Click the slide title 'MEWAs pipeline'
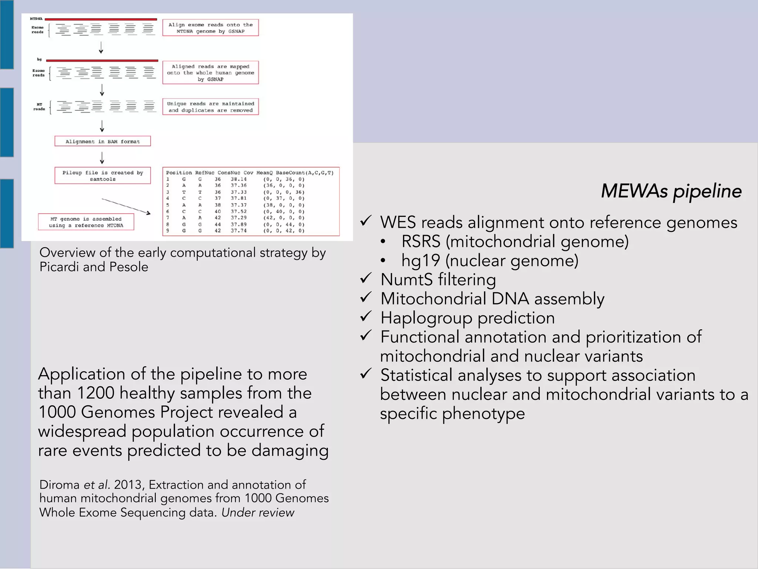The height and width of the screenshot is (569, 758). click(671, 191)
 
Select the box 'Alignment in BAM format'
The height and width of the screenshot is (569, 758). click(103, 141)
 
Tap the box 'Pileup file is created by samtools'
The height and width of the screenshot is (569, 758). click(103, 176)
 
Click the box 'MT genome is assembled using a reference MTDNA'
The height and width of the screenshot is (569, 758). click(86, 222)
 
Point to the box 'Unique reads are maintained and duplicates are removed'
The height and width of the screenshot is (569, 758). click(210, 107)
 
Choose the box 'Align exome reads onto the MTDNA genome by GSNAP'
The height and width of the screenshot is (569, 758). click(210, 28)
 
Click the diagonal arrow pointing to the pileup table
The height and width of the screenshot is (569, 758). click(126, 206)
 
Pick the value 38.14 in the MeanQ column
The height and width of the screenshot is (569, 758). click(239, 179)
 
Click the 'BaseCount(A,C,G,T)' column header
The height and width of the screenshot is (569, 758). click(305, 173)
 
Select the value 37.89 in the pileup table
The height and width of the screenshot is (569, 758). click(239, 224)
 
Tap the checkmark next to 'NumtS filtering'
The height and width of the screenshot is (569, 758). click(366, 278)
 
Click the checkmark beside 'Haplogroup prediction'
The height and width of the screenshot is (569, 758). click(366, 317)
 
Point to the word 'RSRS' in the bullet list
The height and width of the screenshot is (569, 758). click(421, 242)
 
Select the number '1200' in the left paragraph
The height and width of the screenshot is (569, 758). click(96, 393)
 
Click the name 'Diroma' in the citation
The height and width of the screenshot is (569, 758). click(60, 485)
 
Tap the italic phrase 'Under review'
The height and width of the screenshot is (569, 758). click(258, 513)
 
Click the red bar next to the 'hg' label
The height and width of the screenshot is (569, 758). click(102, 60)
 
